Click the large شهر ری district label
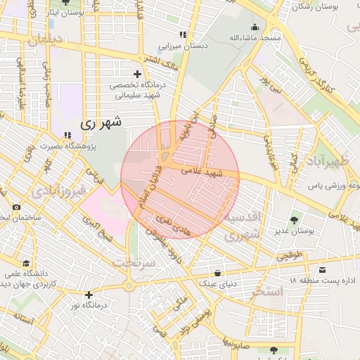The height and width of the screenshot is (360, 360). (x=101, y=122)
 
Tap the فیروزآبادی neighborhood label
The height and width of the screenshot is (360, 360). (x=60, y=190)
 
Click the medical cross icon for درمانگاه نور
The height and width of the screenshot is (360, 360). (x=89, y=295)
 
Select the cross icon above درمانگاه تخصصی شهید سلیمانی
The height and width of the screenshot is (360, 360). (x=137, y=74)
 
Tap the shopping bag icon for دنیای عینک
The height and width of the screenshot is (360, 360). (x=217, y=273)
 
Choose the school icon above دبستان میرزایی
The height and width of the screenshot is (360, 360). (x=184, y=34)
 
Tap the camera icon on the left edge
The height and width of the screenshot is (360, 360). (x=16, y=207)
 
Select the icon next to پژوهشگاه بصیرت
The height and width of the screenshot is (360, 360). (x=67, y=135)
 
